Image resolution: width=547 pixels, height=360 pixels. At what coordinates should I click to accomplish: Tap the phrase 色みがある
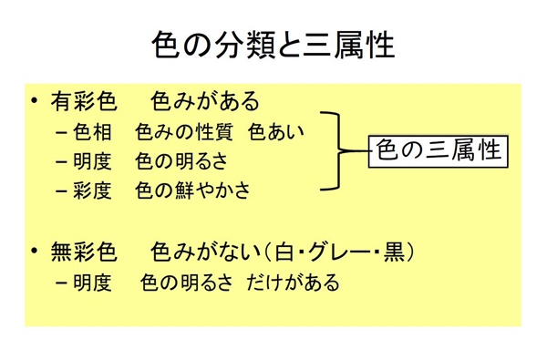[x=205, y=101]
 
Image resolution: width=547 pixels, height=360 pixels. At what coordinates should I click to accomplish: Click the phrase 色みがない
[x=205, y=251]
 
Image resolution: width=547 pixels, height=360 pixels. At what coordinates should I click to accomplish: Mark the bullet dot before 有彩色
[x=35, y=101]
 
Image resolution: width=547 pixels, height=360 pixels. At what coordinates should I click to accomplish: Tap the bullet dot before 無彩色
[x=35, y=251]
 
